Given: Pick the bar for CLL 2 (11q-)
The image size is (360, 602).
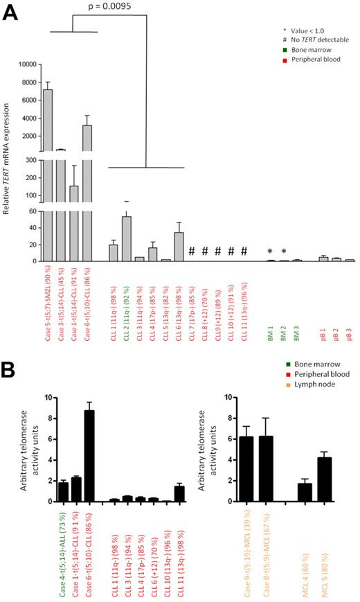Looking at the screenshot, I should [x=127, y=239].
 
